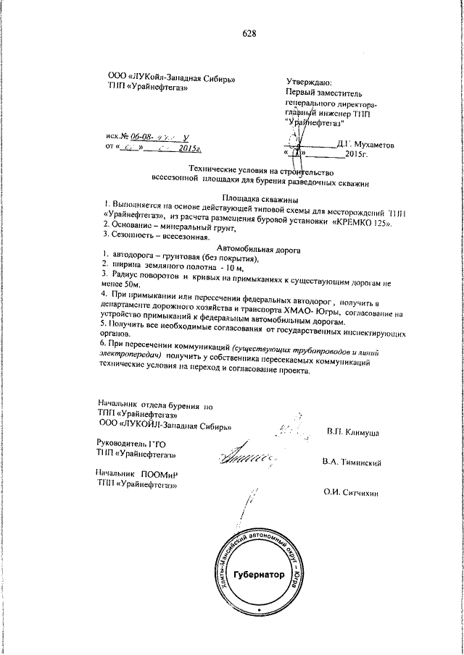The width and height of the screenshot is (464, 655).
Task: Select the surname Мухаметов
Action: coord(373,145)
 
